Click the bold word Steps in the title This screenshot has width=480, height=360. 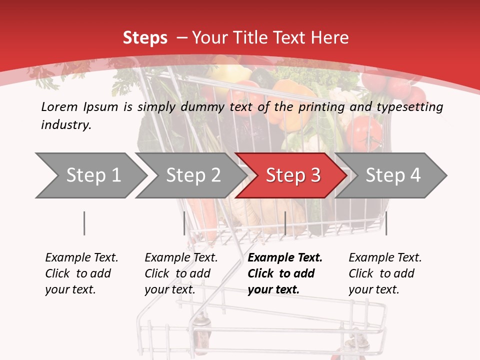[x=145, y=38]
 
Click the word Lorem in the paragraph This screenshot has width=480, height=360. [x=59, y=106]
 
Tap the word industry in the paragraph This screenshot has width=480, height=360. [x=66, y=124]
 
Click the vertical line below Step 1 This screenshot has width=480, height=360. [x=84, y=223]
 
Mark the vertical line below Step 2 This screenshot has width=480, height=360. [x=184, y=223]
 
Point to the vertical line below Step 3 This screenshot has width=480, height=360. [x=285, y=223]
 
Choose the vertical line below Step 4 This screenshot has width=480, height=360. [x=386, y=223]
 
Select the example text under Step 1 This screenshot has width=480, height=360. [x=81, y=273]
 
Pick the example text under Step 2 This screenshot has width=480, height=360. [x=181, y=273]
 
